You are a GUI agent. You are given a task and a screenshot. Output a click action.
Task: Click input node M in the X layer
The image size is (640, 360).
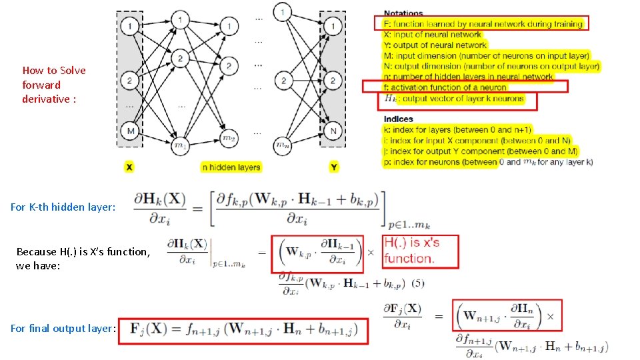131,131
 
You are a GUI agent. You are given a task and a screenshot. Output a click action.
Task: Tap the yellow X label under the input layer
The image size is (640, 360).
129,167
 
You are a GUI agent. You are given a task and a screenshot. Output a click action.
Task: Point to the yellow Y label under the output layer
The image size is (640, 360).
334,167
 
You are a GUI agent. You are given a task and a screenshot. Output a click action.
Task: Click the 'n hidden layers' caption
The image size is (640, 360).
231,167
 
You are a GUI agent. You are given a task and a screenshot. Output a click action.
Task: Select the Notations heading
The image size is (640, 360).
403,13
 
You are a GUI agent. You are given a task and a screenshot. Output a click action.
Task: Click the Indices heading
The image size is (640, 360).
398,119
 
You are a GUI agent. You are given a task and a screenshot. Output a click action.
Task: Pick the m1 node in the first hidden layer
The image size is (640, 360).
179,143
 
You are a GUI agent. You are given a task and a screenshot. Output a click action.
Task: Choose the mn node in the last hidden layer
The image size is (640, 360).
283,143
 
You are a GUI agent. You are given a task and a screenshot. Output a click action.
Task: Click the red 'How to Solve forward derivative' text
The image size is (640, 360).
54,85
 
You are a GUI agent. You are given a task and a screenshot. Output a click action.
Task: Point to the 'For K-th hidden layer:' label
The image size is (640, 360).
63,207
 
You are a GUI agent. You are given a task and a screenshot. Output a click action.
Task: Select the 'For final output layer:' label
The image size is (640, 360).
63,328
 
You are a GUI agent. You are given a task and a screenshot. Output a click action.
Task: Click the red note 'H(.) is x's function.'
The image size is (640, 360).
411,250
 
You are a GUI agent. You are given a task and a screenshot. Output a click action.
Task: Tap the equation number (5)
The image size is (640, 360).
417,283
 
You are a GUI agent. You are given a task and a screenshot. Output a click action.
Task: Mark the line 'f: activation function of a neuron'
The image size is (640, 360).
445,87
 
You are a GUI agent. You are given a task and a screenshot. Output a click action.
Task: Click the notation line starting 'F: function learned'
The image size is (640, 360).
483,24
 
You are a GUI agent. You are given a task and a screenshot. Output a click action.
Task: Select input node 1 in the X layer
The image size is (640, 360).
131,27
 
